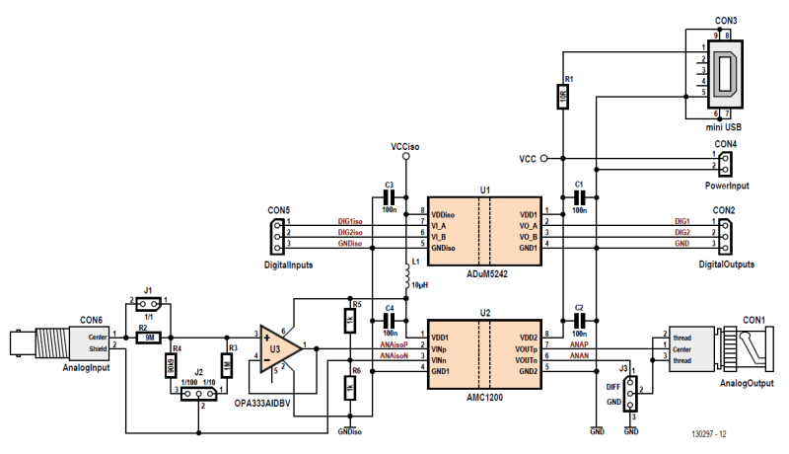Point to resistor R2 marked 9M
[x=148, y=336]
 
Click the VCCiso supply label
[x=404, y=146]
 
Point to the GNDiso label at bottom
[x=349, y=431]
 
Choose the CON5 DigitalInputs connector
[x=278, y=233]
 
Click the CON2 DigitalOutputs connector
[x=725, y=233]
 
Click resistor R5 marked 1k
[x=350, y=321]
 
